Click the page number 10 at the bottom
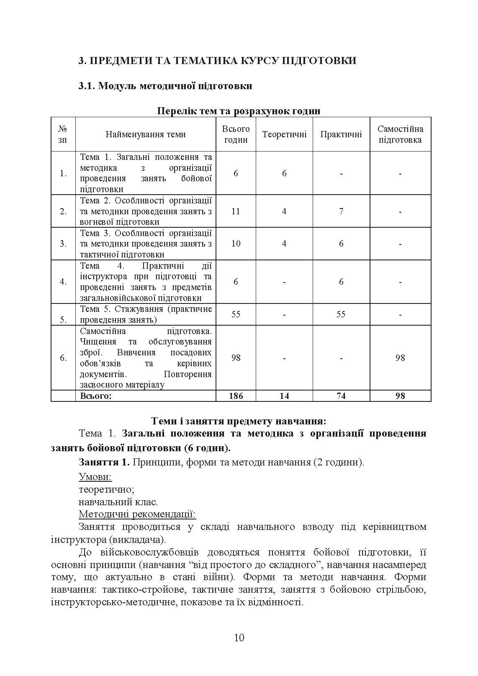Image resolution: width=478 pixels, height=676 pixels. (x=239, y=637)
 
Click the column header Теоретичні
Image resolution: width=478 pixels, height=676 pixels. (x=284, y=134)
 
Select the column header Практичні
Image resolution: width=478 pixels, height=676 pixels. (x=341, y=134)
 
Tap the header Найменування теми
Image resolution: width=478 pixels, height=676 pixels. (x=146, y=134)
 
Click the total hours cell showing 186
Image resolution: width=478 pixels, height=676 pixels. (x=236, y=396)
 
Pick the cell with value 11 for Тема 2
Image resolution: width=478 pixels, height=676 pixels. (x=236, y=211)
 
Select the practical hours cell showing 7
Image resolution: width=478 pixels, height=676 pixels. (x=341, y=211)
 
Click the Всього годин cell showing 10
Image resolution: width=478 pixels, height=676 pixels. (x=236, y=244)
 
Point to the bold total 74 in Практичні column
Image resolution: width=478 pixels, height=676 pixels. (x=341, y=396)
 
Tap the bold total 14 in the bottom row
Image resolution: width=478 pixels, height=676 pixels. (x=284, y=396)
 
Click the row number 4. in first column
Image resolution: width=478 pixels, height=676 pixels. (x=63, y=282)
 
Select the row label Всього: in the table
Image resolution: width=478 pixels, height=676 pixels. (x=96, y=396)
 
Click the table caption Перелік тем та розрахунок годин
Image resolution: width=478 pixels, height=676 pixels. (x=239, y=111)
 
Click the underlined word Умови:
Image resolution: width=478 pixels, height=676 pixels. (x=95, y=477)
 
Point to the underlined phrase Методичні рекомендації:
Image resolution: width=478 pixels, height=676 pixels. (x=137, y=514)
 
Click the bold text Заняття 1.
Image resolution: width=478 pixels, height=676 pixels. (x=104, y=463)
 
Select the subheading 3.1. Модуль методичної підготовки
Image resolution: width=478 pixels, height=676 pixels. (x=165, y=86)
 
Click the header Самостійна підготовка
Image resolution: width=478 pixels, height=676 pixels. (x=400, y=134)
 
